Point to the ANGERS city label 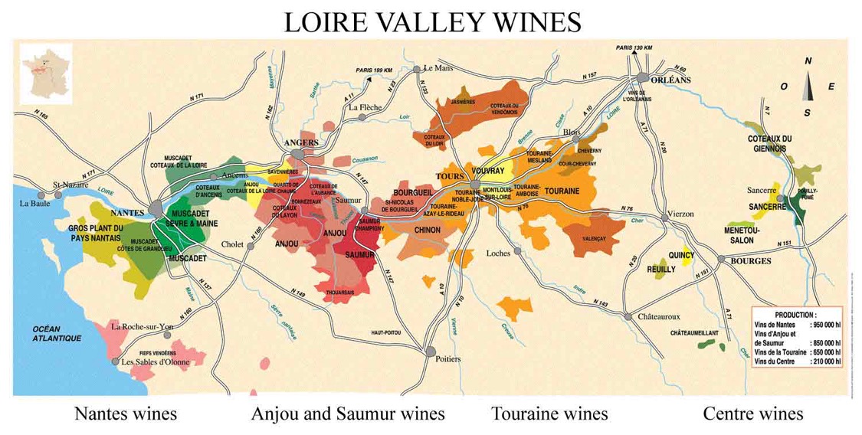pyautogui.click(x=300, y=142)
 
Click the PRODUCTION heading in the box pyautogui.click(x=795, y=314)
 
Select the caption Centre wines pyautogui.click(x=752, y=414)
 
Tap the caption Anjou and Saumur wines pyautogui.click(x=348, y=414)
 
